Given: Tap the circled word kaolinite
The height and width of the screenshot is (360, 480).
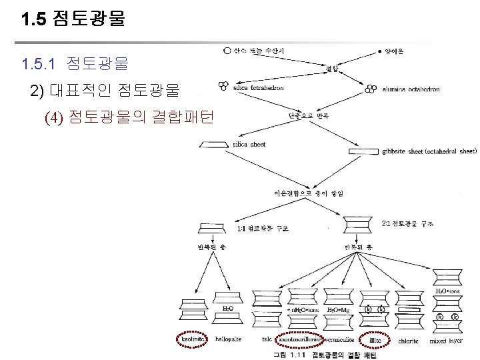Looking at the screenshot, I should [193, 340].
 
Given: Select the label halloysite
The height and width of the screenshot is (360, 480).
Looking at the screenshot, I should [229, 340].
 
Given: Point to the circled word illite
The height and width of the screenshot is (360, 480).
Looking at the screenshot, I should [376, 340].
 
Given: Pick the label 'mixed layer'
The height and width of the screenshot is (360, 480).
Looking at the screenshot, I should [447, 340].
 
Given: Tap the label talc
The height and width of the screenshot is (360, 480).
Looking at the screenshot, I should [267, 340].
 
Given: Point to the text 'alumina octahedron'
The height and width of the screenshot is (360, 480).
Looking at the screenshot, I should [412, 89].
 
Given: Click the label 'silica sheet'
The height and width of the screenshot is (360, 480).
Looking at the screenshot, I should [249, 144].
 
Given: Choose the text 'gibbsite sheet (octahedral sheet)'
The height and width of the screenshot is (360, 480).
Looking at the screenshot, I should [430, 151].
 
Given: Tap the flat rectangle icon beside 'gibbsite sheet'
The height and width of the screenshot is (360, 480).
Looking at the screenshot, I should [364, 151].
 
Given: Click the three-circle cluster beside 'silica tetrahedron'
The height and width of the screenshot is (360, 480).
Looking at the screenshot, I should [223, 86].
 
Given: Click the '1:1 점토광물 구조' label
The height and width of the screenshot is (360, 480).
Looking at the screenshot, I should [263, 229].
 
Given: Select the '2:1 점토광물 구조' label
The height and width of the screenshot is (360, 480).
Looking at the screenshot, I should [407, 223].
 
